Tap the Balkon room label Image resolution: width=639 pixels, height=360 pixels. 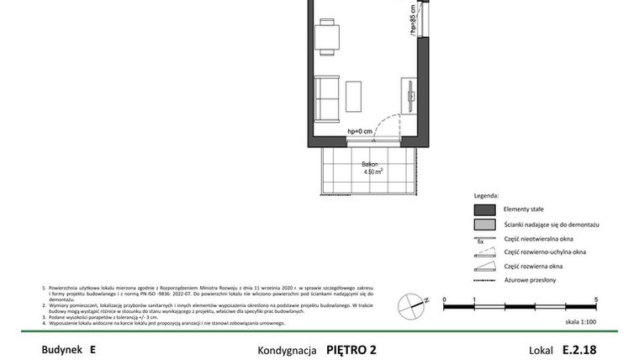click(369, 164)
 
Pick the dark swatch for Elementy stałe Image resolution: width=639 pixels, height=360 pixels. click(483, 209)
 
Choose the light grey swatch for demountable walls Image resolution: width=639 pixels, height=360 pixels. click(483, 225)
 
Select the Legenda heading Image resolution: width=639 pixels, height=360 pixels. click(487, 194)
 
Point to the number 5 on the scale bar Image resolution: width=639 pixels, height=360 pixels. click(595, 299)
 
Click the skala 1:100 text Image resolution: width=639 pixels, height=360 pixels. click(579, 321)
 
